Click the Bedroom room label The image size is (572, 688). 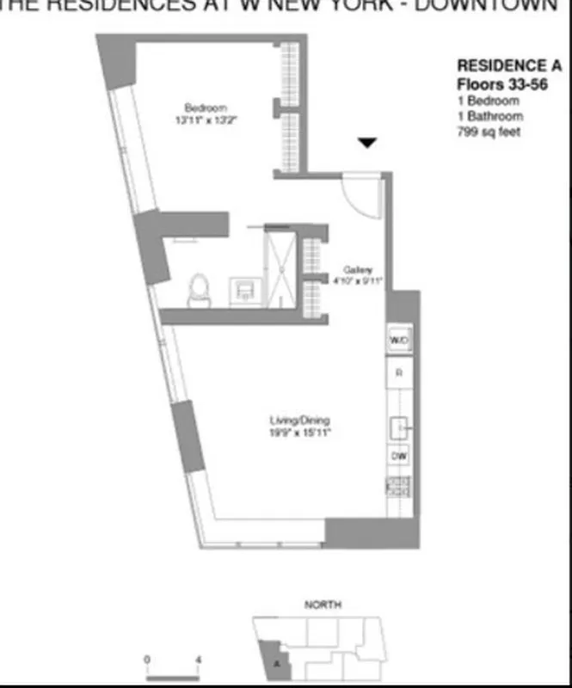click(x=206, y=107)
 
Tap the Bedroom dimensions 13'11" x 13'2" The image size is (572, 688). click(x=206, y=120)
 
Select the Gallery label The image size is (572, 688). click(x=357, y=268)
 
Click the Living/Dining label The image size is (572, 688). click(x=300, y=421)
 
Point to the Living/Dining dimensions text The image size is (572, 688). click(x=300, y=433)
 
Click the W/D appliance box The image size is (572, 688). click(x=398, y=341)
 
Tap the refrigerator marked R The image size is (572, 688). click(x=399, y=373)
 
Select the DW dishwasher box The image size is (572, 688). click(x=399, y=456)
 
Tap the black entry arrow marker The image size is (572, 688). click(x=367, y=144)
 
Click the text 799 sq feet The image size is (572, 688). click(x=489, y=132)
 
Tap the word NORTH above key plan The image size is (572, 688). click(x=323, y=605)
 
